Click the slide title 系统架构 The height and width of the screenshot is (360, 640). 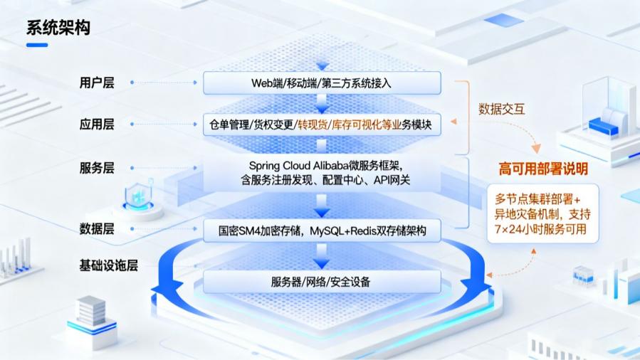click(58, 28)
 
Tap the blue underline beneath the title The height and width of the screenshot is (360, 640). click(37, 45)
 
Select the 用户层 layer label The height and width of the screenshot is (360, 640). click(97, 83)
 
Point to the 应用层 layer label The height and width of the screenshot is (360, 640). click(97, 125)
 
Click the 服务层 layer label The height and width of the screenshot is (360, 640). click(97, 169)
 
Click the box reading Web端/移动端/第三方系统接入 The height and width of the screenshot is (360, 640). click(321, 83)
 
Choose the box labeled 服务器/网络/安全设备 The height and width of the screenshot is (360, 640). click(321, 281)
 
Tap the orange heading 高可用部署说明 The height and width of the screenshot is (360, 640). click(543, 169)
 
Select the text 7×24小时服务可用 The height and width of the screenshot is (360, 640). click(543, 229)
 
